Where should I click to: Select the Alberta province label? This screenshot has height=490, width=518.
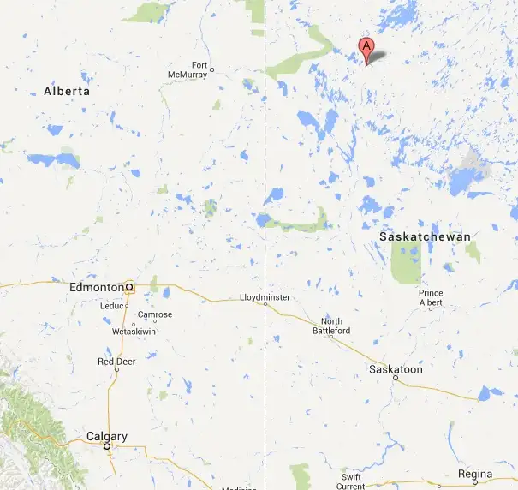[67, 91]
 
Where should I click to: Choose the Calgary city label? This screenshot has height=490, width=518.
[106, 437]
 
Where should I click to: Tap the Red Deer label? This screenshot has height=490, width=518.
[117, 362]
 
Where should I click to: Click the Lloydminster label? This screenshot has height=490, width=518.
[265, 297]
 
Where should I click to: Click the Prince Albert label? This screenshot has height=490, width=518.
[431, 297]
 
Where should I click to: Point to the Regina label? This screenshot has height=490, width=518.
[475, 474]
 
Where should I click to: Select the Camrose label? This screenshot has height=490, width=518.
[155, 314]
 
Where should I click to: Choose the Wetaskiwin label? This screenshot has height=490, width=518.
[133, 331]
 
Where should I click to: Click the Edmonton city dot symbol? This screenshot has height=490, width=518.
[128, 287]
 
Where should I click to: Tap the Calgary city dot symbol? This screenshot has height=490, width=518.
[107, 447]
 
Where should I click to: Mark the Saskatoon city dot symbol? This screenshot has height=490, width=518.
[395, 378]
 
